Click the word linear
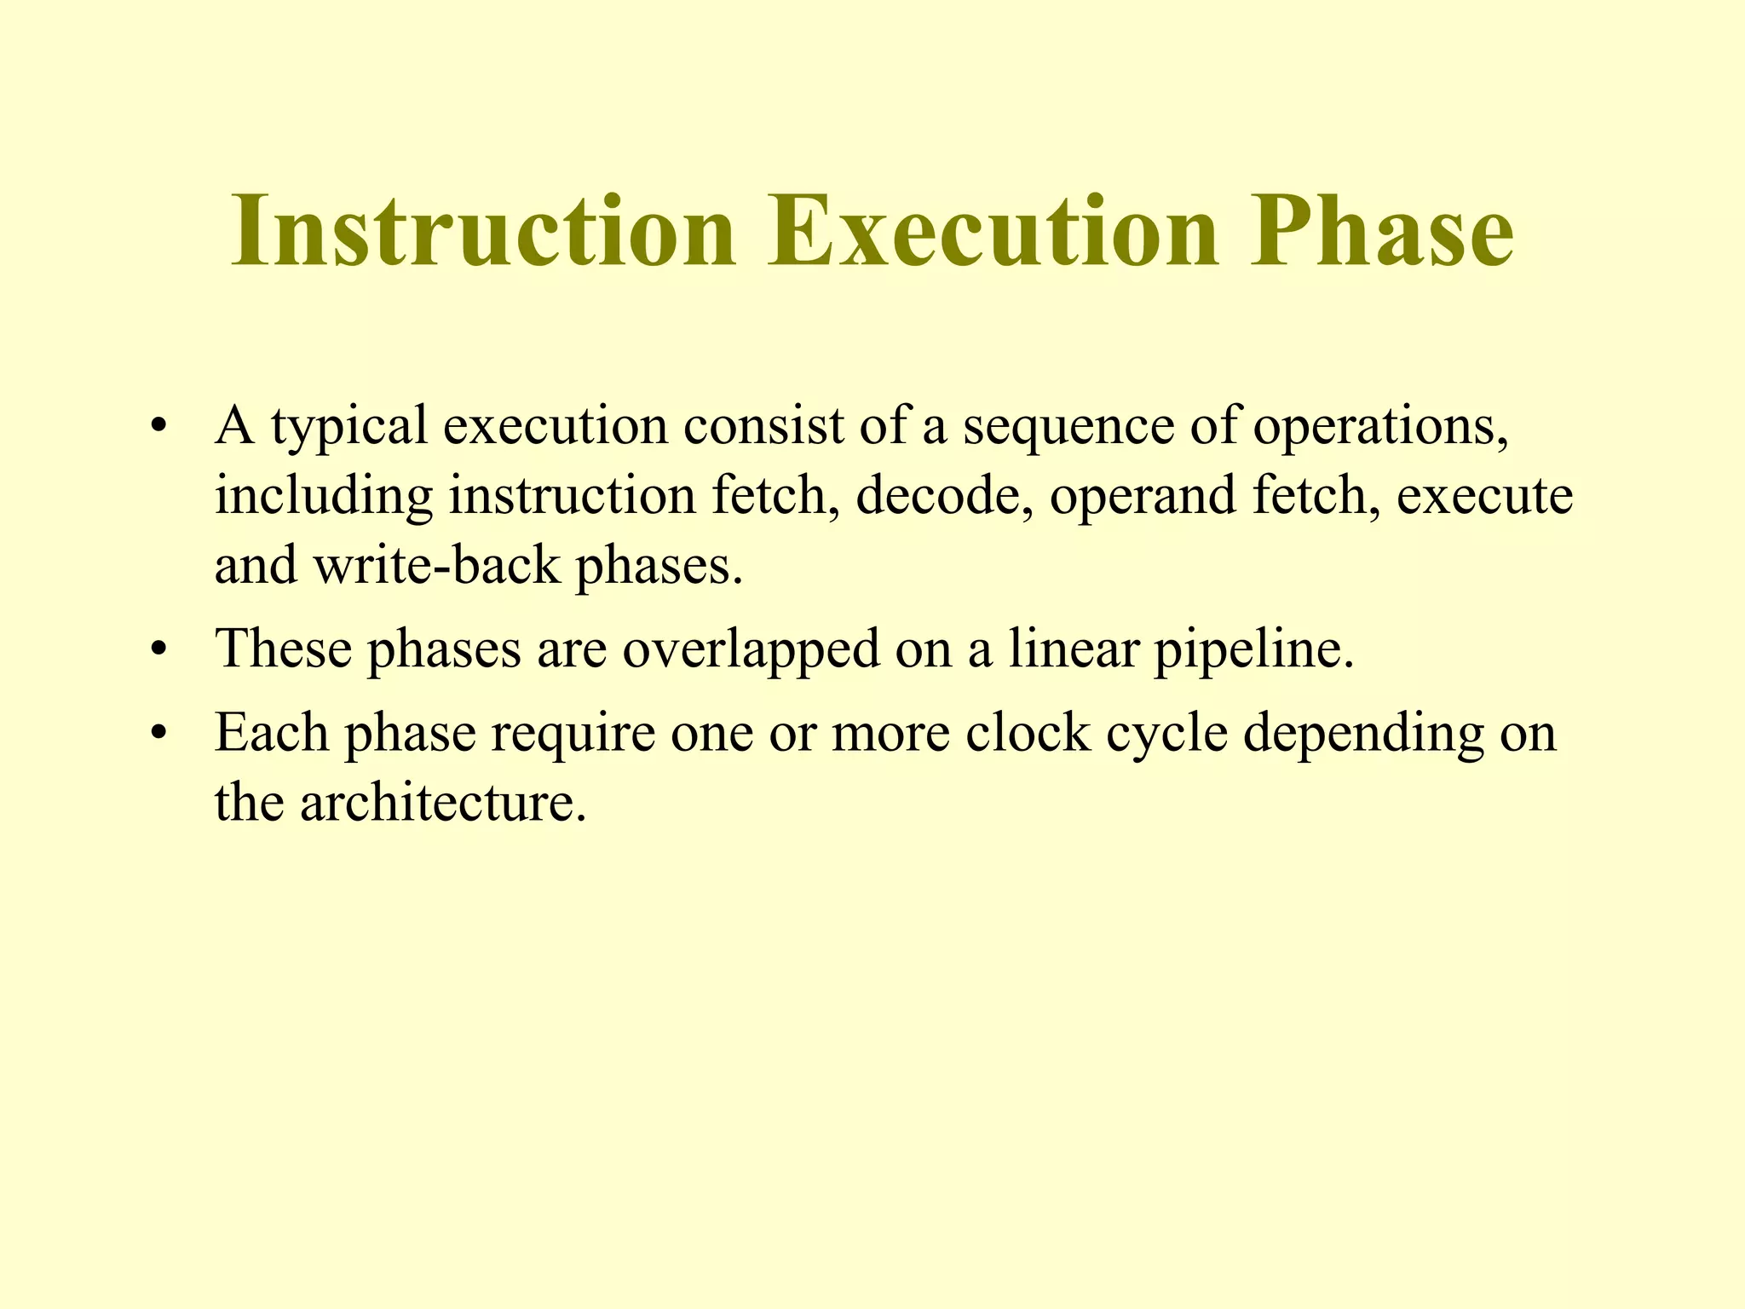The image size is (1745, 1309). click(x=1074, y=649)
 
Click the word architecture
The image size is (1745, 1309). click(x=443, y=802)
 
